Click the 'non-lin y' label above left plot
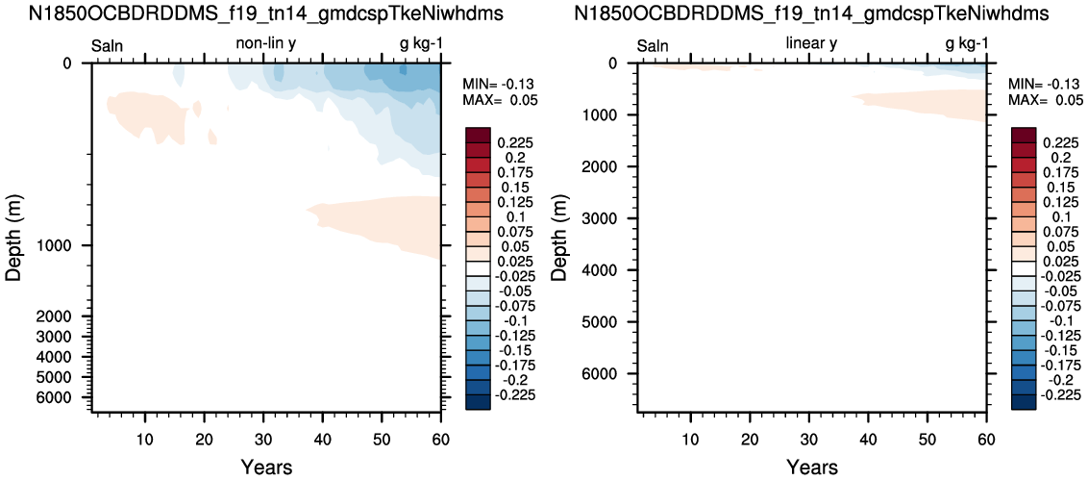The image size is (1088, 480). tap(267, 44)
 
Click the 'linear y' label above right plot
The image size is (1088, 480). tap(811, 44)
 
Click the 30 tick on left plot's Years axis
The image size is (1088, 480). tap(263, 439)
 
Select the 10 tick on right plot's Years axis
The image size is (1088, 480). tap(690, 439)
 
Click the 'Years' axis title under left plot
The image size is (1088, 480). tap(267, 467)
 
